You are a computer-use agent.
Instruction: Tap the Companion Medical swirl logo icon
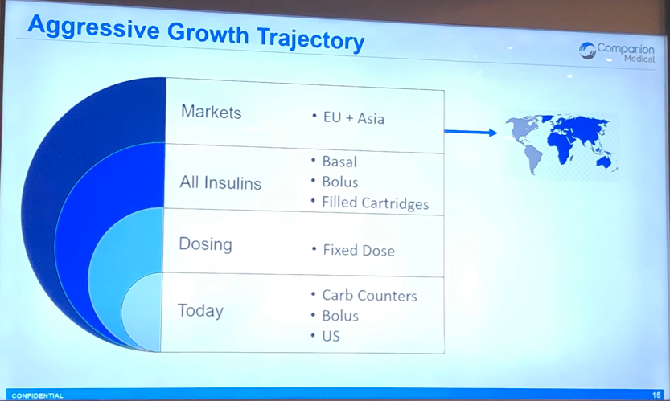coord(587,51)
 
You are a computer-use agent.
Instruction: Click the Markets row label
coord(211,112)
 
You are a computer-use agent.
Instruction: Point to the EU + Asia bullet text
coord(353,118)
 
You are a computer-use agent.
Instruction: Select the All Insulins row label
coord(220,182)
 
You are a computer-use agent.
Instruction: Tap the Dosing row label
coord(205,243)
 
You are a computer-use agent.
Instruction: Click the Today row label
coord(200,310)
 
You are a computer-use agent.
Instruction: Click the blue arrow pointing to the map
coord(471,132)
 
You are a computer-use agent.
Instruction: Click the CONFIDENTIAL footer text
coord(38,396)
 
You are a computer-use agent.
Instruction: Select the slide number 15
coord(656,395)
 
